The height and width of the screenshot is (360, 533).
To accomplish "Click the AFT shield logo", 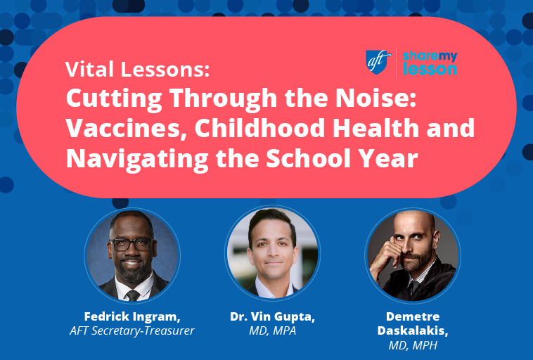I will [378, 60].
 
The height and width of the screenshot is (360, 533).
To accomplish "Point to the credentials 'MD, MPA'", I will [272, 332].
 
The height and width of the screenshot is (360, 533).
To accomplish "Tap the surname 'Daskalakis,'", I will [412, 330].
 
